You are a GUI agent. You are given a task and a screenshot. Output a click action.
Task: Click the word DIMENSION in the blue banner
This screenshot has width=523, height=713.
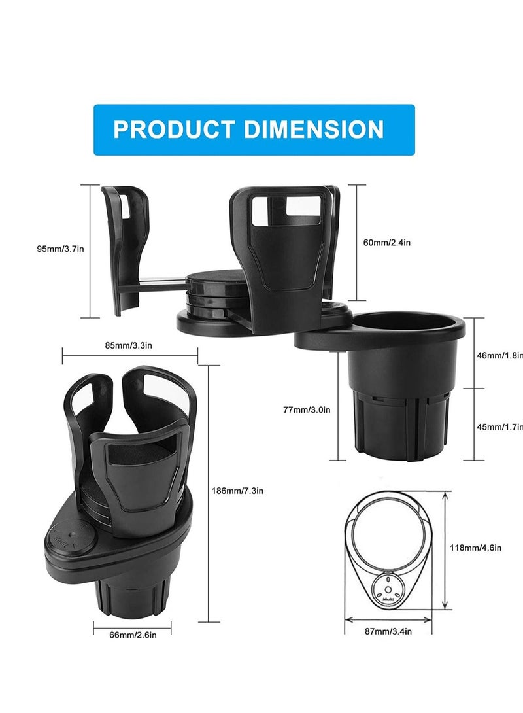click(x=314, y=129)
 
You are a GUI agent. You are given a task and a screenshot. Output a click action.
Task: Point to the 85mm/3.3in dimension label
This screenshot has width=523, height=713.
click(x=128, y=345)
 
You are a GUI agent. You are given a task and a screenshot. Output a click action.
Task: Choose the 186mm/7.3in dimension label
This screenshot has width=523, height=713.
click(x=234, y=490)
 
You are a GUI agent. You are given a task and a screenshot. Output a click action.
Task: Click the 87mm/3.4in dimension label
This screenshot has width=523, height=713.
click(x=389, y=631)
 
